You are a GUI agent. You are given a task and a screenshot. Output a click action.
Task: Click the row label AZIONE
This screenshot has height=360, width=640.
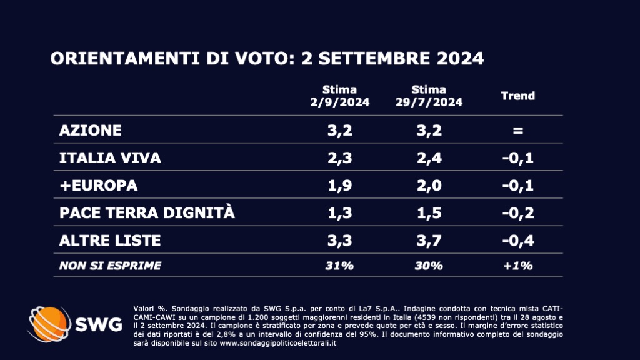point(90,131)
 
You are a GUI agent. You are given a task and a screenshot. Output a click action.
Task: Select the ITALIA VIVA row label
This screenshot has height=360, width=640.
point(110,158)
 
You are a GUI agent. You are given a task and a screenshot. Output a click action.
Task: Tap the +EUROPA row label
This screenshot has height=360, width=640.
point(98,186)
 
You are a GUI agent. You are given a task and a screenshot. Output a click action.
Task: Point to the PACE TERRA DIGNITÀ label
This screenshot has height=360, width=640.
point(147,212)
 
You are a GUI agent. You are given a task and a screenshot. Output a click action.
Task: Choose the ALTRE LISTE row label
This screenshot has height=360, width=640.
point(109,240)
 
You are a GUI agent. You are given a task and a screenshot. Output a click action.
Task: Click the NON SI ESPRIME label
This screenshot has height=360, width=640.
point(110,266)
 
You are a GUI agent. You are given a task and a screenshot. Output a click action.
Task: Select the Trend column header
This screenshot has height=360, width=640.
point(518,96)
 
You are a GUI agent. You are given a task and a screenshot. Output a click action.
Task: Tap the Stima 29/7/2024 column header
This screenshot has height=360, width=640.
point(429,96)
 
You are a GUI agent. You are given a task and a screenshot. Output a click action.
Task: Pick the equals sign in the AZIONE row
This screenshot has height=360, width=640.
point(518,131)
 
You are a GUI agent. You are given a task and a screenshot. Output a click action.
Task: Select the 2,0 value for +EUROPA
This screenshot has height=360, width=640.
point(429,186)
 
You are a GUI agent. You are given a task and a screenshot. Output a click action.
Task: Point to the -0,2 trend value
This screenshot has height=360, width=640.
point(518,213)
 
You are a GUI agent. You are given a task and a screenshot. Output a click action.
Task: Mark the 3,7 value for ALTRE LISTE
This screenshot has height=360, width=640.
point(429,240)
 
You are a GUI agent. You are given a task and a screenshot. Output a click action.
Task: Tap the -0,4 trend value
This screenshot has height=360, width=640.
point(518,240)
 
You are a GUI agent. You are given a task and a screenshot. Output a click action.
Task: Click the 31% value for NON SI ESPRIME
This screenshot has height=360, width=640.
point(339,266)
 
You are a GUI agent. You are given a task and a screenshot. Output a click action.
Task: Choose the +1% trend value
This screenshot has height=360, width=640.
point(518,266)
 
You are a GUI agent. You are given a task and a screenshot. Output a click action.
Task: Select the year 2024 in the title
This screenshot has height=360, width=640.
point(455,59)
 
